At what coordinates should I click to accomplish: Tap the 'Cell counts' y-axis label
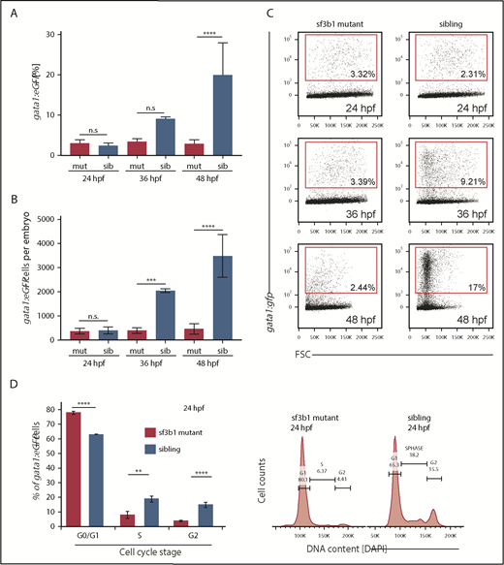click(261, 501)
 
